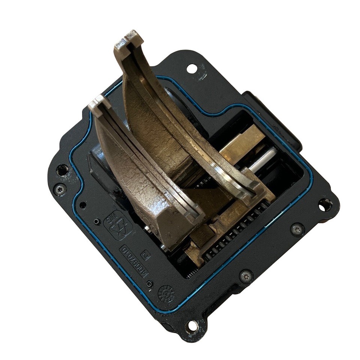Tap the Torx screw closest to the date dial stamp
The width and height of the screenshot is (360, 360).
coord(245,276)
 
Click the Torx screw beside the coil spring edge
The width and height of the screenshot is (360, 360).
coord(297,228)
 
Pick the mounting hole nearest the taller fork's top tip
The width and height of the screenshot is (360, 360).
coord(192,69)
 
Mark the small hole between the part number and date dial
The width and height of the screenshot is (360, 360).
coord(150,283)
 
